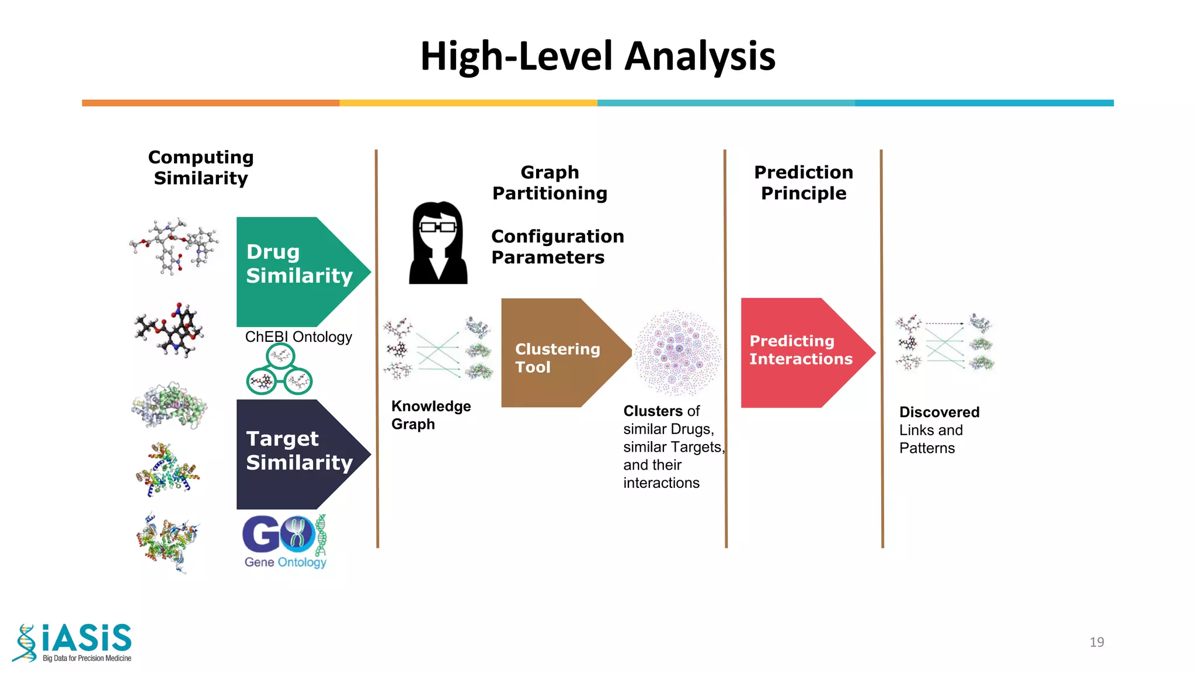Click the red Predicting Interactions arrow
point(800,352)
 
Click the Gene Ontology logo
point(285,541)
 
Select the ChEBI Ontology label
point(298,337)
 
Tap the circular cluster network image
point(677,352)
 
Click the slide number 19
point(1096,642)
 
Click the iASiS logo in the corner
point(73,643)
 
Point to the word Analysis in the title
point(701,57)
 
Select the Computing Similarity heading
point(201,168)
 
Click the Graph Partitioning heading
point(550,183)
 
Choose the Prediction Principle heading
point(804,183)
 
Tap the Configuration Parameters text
point(557,247)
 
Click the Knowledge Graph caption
point(430,415)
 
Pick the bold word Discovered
point(939,412)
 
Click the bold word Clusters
point(653,411)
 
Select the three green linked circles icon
point(280,370)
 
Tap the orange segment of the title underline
point(210,103)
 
